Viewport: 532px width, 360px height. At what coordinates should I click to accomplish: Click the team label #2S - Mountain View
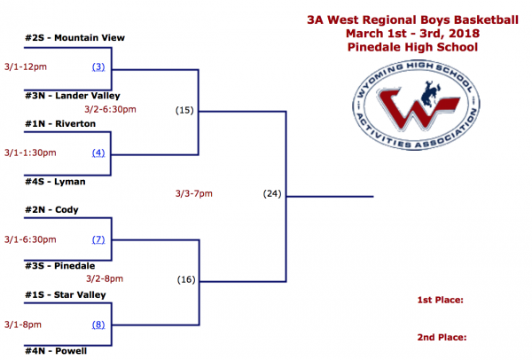tap(75, 38)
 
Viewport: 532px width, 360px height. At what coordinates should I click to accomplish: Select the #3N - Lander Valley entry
tap(73, 95)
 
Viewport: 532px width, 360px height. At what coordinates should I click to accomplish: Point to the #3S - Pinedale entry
tap(59, 265)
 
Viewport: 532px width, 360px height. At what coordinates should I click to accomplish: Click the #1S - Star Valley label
tap(66, 294)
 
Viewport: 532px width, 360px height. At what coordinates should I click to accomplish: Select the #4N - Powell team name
tap(56, 351)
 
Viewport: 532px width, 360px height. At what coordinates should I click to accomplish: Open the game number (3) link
tap(98, 67)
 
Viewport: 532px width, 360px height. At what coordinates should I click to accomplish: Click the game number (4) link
tap(98, 153)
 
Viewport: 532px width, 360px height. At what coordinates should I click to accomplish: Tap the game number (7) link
tap(98, 239)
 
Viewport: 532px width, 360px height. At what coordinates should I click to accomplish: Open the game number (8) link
tap(98, 324)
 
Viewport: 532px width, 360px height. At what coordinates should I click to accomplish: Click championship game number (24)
tap(271, 193)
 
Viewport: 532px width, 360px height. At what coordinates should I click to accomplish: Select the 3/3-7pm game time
tap(195, 193)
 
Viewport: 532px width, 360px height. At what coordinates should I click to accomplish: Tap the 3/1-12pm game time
tap(26, 67)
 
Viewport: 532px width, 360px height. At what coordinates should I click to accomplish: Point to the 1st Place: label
tap(441, 301)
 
